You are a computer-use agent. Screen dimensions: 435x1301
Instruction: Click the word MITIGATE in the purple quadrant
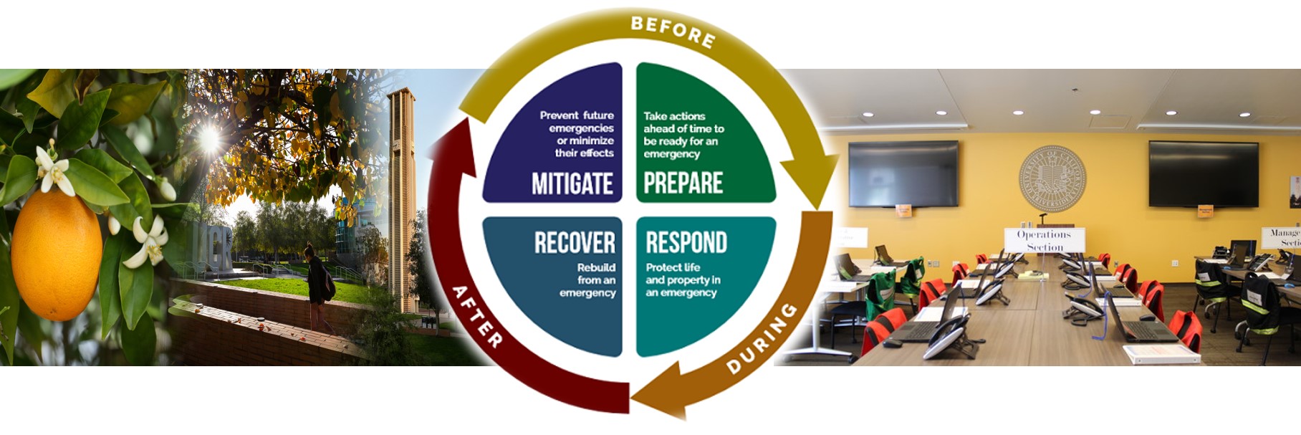[572, 184]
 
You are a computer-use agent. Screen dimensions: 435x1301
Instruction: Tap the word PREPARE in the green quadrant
[683, 183]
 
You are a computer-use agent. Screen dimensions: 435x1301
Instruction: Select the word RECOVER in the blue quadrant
[575, 243]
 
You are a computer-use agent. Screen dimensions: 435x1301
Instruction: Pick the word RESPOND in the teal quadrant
[686, 243]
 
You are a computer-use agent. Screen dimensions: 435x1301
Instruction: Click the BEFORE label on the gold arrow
[673, 32]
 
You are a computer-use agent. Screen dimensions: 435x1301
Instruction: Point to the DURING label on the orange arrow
[762, 338]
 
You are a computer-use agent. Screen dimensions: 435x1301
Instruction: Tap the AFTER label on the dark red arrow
[476, 316]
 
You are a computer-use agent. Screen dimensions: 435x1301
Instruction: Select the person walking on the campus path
[317, 283]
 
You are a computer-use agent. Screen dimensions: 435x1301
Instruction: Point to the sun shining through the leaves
[208, 135]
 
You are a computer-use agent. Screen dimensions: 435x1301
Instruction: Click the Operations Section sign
[1044, 240]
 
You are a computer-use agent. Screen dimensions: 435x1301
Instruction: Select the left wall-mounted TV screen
[903, 173]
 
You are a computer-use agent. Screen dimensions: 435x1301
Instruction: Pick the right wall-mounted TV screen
[1203, 173]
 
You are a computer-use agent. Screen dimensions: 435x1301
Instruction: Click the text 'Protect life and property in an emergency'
[682, 280]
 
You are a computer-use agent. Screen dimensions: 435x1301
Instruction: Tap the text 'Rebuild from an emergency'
[591, 280]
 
